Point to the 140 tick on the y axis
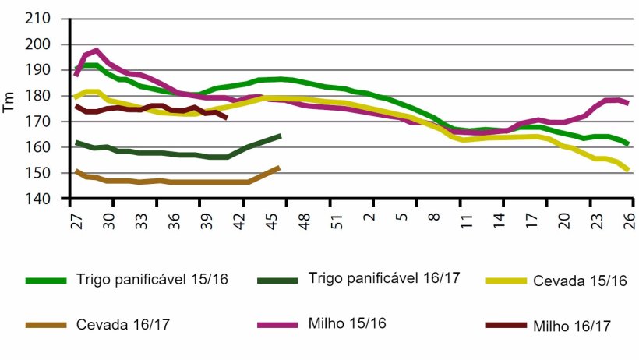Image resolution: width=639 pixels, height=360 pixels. click(x=39, y=199)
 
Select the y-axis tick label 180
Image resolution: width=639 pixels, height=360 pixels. click(x=39, y=96)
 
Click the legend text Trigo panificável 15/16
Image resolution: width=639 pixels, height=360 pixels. click(x=152, y=279)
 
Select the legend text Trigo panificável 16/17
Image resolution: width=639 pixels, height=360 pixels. click(x=384, y=278)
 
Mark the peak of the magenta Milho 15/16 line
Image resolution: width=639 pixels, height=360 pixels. click(x=96, y=50)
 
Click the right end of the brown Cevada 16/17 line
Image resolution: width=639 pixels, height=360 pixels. click(x=278, y=168)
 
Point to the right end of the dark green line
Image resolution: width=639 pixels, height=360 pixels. click(x=280, y=136)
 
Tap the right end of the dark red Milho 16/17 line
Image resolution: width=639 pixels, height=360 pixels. click(x=226, y=118)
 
